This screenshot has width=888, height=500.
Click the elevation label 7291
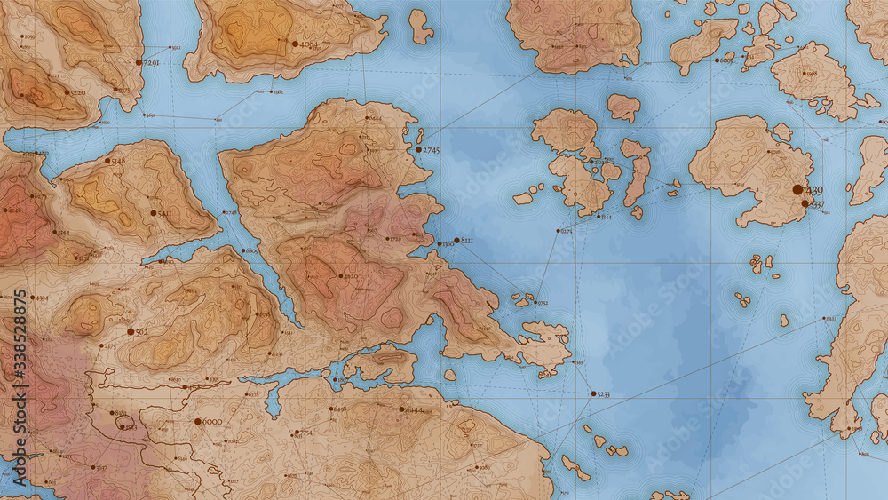coord(151,63)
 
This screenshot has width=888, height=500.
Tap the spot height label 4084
coord(309,44)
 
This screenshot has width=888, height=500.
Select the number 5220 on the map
coord(77,92)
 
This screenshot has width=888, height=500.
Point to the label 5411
coord(164,214)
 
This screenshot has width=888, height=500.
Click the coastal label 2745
coord(432,151)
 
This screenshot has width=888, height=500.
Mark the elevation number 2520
coord(351,277)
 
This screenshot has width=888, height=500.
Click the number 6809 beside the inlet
coord(250,251)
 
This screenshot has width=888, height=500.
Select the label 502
coord(141,331)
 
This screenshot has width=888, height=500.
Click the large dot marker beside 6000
coord(196,422)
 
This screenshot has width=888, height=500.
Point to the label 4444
coord(414,410)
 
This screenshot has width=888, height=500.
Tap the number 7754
coord(305,433)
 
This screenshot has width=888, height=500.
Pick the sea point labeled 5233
coord(603,393)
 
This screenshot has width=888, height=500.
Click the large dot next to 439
coord(797,189)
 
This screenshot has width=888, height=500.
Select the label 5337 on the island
coord(814,204)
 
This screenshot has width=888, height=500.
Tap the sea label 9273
coord(566,231)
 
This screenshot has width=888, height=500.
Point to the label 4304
coord(42,298)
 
